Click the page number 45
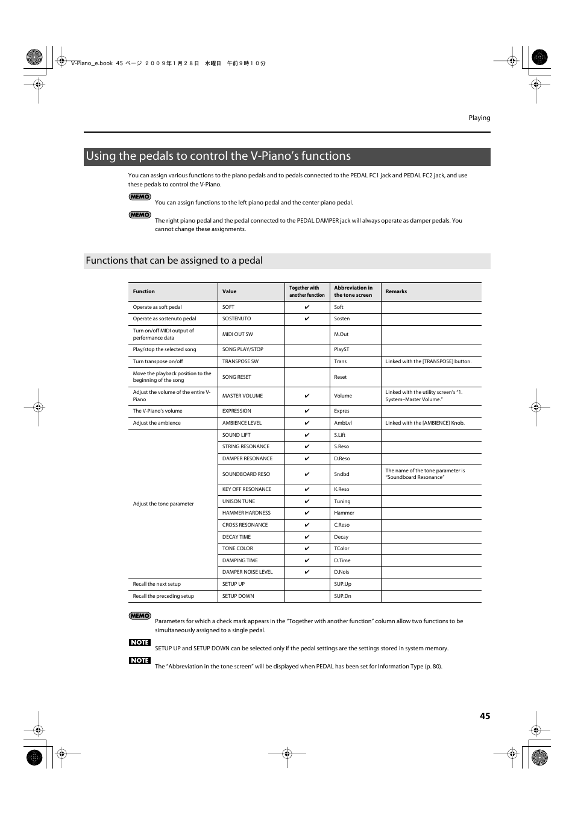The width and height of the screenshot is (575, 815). pyautogui.click(x=485, y=716)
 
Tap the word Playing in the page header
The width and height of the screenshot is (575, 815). pyautogui.click(x=479, y=118)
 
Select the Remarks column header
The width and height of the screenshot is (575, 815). pyautogui.click(x=396, y=291)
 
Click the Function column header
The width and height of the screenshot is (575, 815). pyautogui.click(x=144, y=291)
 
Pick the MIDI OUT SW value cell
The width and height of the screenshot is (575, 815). pyautogui.click(x=237, y=334)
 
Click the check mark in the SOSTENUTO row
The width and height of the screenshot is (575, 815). pyautogui.click(x=307, y=319)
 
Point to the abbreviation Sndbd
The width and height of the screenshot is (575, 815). pyautogui.click(x=342, y=474)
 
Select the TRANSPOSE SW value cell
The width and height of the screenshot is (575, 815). pyautogui.click(x=240, y=361)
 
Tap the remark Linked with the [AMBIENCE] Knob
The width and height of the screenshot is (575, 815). pyautogui.click(x=425, y=423)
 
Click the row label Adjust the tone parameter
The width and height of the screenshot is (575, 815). pyautogui.click(x=163, y=504)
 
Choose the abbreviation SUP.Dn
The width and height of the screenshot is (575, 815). pyautogui.click(x=342, y=596)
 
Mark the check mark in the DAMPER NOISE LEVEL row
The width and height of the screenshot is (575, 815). pyautogui.click(x=307, y=572)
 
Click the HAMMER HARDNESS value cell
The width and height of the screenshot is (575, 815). pyautogui.click(x=247, y=513)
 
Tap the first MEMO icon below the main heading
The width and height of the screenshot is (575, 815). pyautogui.click(x=140, y=197)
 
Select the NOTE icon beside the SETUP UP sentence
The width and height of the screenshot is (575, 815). pyautogui.click(x=140, y=642)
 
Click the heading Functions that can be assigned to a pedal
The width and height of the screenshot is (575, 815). pyautogui.click(x=174, y=261)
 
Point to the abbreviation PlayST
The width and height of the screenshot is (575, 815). pyautogui.click(x=342, y=349)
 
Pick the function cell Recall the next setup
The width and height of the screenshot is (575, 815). pyautogui.click(x=157, y=584)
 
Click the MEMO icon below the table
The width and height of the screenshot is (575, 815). pyautogui.click(x=140, y=616)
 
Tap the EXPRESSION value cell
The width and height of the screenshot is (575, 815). pyautogui.click(x=237, y=411)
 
